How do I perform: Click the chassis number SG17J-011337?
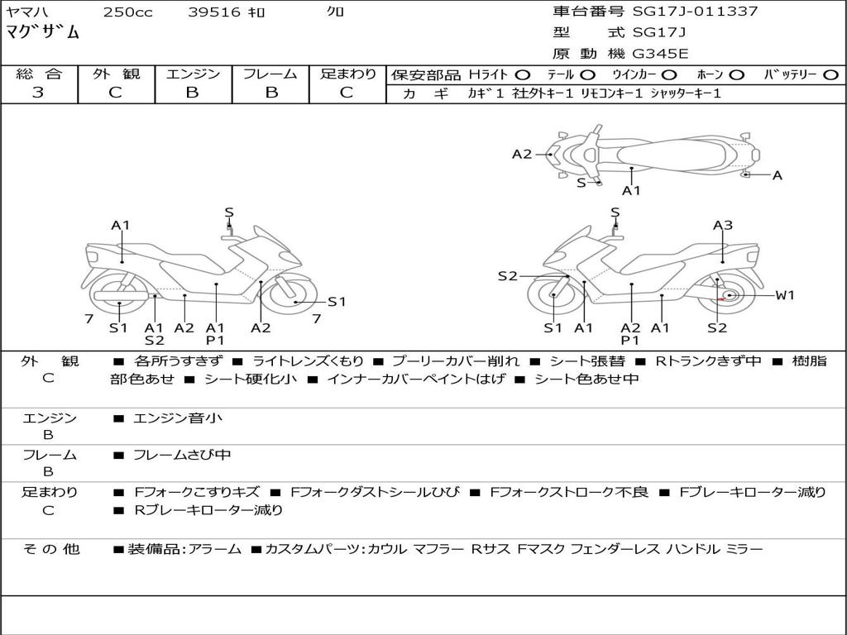coord(695,11)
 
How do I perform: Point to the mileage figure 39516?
coord(214,12)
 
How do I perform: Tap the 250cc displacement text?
coord(128,12)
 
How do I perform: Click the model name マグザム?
coord(43,31)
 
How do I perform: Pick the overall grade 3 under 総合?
coord(38,93)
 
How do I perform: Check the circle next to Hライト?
coord(523,75)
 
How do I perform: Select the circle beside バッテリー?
coord(830,75)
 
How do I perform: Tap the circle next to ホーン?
coord(737,75)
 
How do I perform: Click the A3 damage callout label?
coord(723,225)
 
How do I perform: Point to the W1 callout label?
coord(785,295)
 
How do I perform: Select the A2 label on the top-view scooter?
coord(522,155)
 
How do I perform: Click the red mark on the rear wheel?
coord(720,298)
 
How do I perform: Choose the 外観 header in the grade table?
coord(116,74)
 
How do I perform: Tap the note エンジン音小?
coord(178,418)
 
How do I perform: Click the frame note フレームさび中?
coord(182,456)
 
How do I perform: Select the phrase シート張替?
coord(587,361)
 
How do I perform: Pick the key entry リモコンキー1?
coord(611,93)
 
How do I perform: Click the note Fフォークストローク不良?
coord(569,493)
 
